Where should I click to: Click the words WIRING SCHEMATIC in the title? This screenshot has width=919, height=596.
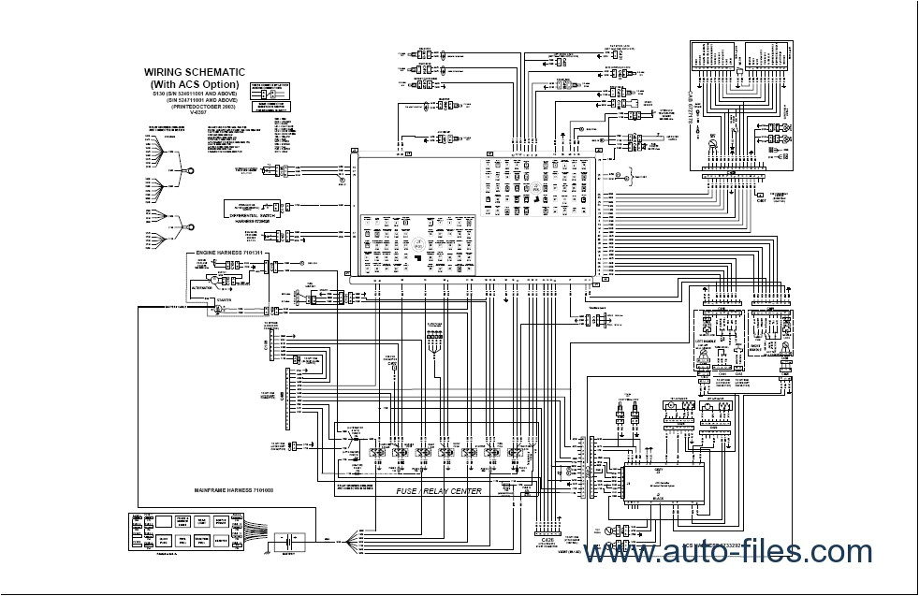(194, 71)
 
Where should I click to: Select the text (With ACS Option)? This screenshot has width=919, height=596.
(194, 83)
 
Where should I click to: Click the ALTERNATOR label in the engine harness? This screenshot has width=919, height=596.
(207, 290)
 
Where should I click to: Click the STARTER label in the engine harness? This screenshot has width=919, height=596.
(221, 300)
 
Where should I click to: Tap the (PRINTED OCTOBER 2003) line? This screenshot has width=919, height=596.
(194, 107)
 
